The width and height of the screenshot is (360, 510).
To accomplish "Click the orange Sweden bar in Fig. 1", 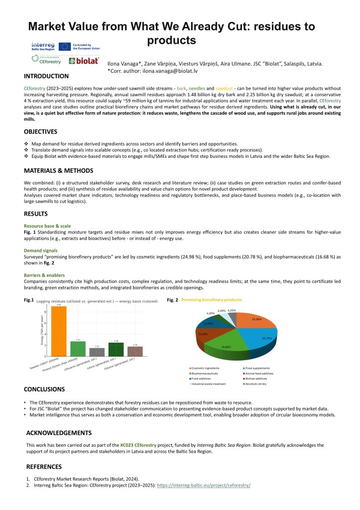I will [x=59, y=331].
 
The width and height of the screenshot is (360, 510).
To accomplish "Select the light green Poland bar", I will [x=78, y=349].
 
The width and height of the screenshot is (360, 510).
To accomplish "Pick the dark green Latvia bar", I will [x=116, y=349].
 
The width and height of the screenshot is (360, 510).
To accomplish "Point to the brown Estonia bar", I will [x=135, y=351].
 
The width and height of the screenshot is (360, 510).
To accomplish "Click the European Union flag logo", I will [x=64, y=46].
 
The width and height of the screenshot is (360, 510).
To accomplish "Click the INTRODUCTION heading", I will [x=47, y=76].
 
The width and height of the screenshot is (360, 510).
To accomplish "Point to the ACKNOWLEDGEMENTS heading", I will [x=59, y=433].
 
